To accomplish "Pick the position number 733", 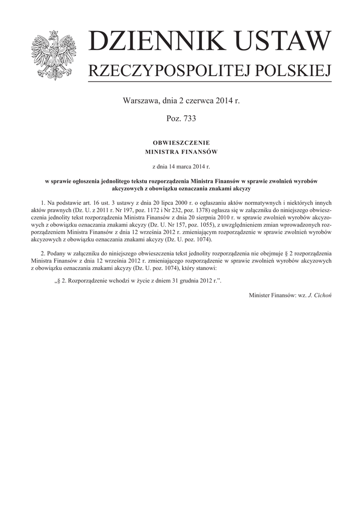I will point(189,119).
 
